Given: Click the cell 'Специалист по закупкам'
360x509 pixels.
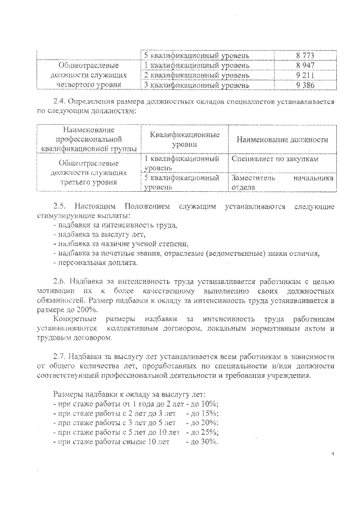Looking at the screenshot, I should [274, 159].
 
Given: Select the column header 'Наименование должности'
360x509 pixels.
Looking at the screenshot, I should [282, 139].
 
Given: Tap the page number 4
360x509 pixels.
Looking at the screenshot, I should [332, 453].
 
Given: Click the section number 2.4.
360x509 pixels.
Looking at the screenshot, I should [60, 102].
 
